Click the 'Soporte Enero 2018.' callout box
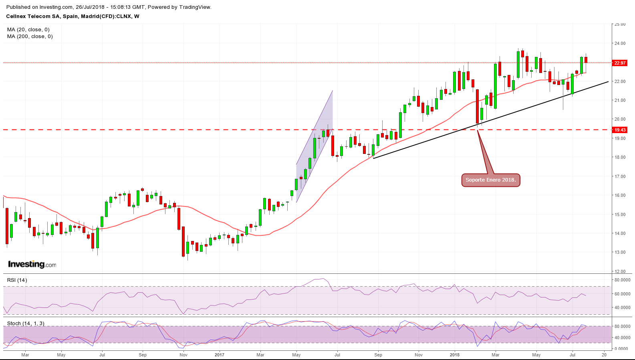click(x=490, y=180)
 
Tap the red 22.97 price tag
click(x=620, y=63)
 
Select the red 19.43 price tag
click(x=620, y=130)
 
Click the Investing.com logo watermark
click(x=32, y=264)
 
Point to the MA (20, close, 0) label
click(x=28, y=30)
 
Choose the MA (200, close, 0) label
click(x=30, y=36)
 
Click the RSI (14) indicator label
click(x=17, y=280)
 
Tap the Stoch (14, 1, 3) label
click(x=26, y=323)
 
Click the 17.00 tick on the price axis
click(x=620, y=176)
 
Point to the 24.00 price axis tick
click(x=620, y=43)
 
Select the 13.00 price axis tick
click(x=620, y=253)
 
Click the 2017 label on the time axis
click(x=220, y=355)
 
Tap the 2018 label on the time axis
click(x=455, y=355)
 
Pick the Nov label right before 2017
click(x=183, y=355)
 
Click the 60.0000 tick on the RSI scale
click(x=623, y=294)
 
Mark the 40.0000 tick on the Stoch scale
click(x=623, y=338)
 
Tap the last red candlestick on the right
click(x=586, y=60)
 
